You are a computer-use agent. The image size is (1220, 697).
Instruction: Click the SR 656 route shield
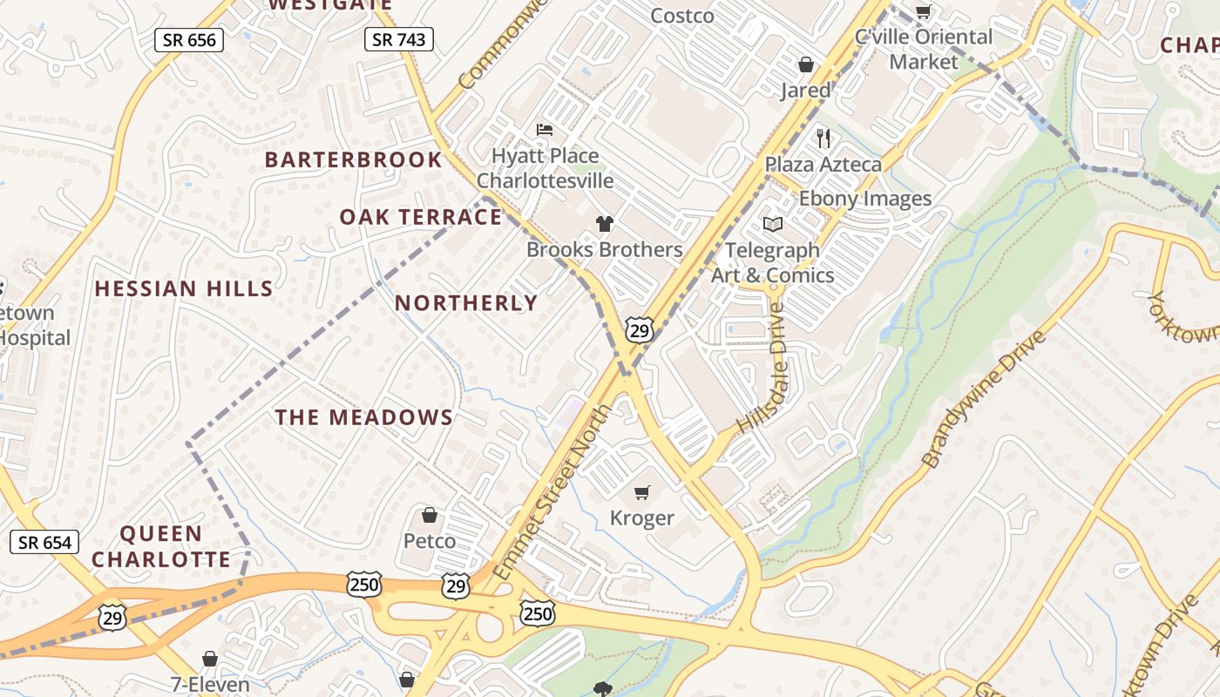189,39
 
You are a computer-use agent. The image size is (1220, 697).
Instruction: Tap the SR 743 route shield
398,39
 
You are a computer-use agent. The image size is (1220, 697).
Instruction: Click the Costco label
682,16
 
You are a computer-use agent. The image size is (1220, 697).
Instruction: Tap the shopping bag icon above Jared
806,64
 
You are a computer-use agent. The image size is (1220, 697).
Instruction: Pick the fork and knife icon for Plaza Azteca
823,138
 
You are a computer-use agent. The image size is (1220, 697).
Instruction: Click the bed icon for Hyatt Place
545,130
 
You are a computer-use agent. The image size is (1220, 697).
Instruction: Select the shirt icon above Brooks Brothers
604,223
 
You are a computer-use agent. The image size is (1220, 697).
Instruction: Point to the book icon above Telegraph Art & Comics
772,224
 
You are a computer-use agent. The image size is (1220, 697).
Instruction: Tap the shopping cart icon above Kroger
642,492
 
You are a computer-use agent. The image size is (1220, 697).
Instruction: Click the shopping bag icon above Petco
429,515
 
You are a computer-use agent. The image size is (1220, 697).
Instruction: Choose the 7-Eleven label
210,684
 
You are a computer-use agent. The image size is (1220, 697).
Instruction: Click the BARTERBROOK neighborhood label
354,159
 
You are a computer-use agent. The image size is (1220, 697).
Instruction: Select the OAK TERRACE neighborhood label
421,217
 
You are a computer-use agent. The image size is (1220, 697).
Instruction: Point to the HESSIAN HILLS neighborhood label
184,288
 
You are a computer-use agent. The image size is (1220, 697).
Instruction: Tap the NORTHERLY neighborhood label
467,303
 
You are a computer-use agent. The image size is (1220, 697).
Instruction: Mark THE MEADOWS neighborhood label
364,417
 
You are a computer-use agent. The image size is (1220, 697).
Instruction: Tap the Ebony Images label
865,199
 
